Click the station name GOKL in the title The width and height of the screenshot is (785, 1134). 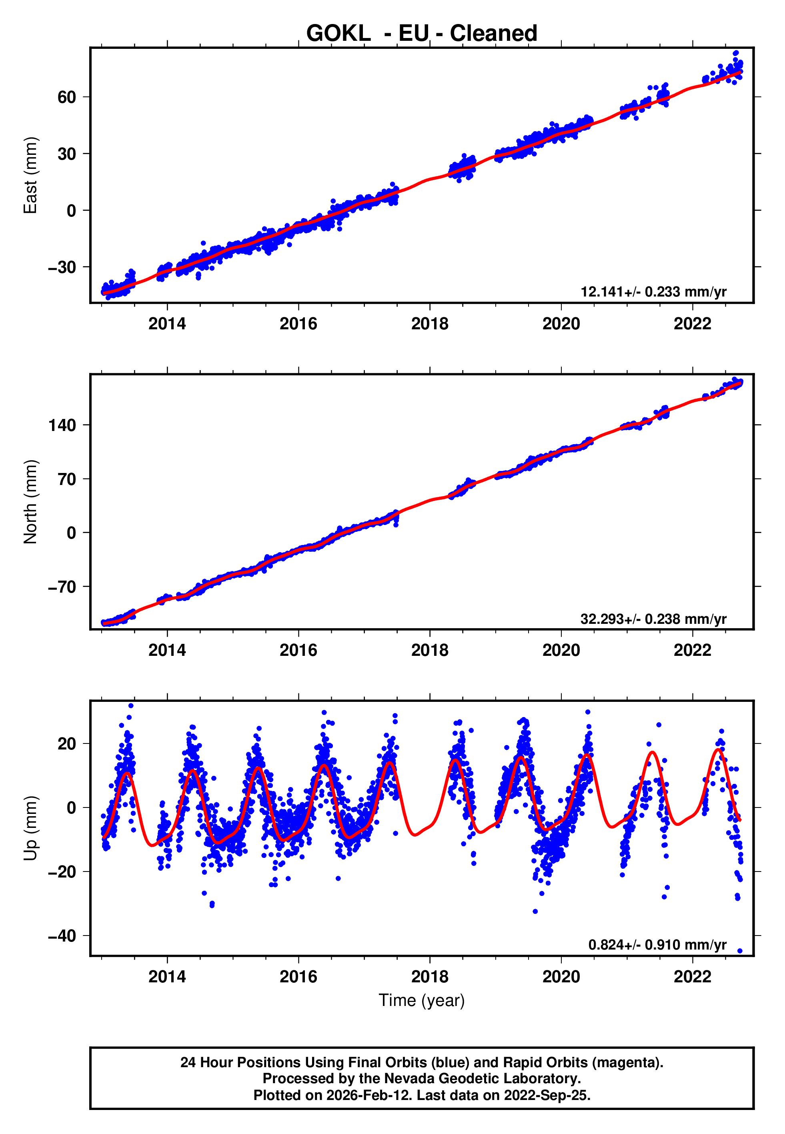pos(338,34)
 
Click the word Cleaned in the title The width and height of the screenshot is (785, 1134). pos(493,34)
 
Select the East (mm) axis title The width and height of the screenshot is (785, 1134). pos(30,175)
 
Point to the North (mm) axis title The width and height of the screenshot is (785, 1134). pos(30,502)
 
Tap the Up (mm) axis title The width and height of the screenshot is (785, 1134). pos(30,828)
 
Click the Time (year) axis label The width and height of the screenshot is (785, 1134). pos(422,1000)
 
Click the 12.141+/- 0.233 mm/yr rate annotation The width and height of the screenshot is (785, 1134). pos(653,292)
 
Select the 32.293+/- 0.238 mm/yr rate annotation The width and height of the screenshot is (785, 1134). pos(653,619)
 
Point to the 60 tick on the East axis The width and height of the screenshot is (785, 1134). pos(67,97)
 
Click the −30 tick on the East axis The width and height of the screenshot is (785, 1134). pos(62,268)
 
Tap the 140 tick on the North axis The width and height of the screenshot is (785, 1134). pos(62,425)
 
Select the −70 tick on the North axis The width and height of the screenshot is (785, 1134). pos(62,587)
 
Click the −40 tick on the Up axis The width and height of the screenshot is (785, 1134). pos(62,936)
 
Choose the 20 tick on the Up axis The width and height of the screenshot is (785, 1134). pos(67,744)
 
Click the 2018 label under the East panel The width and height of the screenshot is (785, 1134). pos(430,324)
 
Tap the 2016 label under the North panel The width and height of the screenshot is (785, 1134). pos(298,650)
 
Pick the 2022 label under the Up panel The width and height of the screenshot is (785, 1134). pos(693,977)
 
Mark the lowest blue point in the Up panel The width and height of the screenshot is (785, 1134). pos(740,951)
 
